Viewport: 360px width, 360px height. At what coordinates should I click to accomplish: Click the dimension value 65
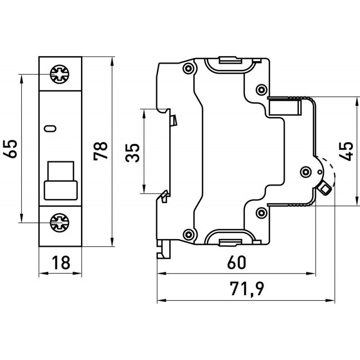pyautogui.click(x=12, y=148)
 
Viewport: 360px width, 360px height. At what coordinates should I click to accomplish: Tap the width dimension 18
pyautogui.click(x=60, y=262)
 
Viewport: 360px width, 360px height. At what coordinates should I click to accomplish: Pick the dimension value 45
pyautogui.click(x=346, y=151)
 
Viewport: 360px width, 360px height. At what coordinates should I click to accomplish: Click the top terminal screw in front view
pyautogui.click(x=59, y=74)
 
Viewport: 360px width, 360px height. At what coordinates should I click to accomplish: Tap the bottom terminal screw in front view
pyautogui.click(x=59, y=221)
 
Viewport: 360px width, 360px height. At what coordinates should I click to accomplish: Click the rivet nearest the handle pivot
pyautogui.click(x=306, y=171)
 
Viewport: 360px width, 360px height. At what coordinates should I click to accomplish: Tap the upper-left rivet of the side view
pyautogui.click(x=188, y=68)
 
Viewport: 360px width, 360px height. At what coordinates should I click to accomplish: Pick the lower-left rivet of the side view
pyautogui.click(x=188, y=234)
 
